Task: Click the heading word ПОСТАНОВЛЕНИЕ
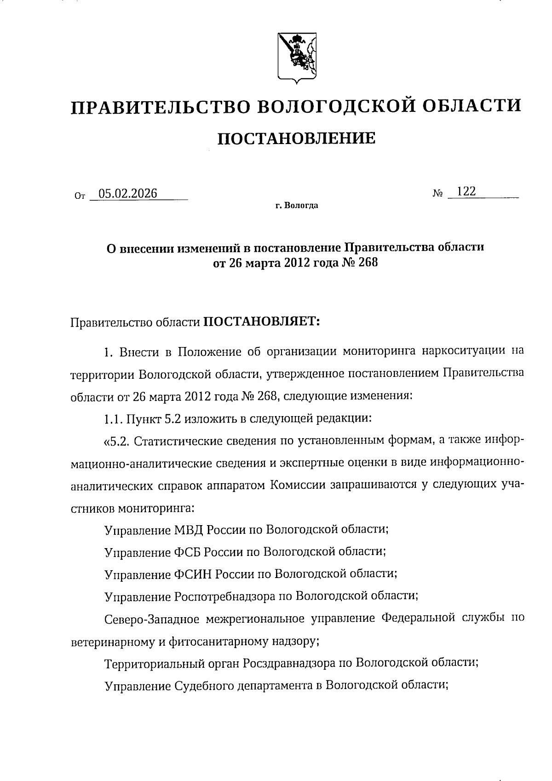point(296,138)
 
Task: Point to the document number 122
point(466,191)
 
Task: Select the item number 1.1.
point(114,419)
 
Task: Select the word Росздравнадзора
point(289,663)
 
